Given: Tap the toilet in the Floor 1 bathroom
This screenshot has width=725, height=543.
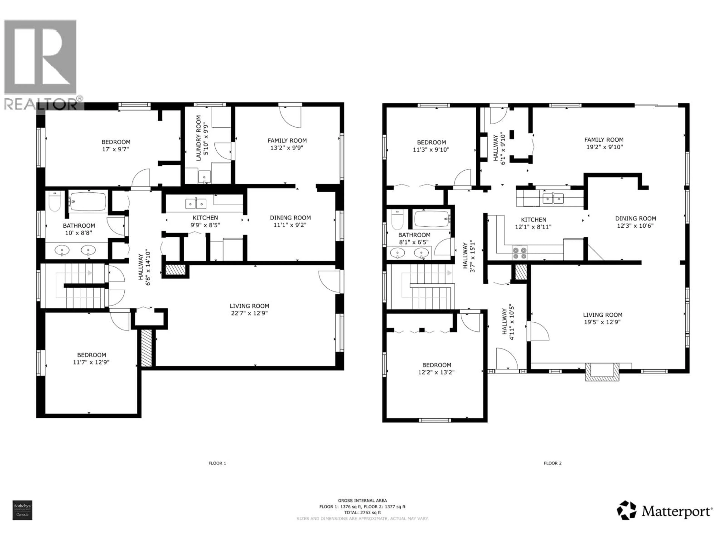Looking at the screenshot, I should (55, 202).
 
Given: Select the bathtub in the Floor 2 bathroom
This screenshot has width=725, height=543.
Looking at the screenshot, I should (431, 219).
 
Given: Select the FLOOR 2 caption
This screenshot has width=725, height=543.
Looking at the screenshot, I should (553, 463).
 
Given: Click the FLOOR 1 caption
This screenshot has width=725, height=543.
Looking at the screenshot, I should (217, 463).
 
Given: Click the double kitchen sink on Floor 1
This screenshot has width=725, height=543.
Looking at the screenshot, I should (196, 204).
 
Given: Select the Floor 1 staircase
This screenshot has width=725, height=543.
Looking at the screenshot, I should (84, 286).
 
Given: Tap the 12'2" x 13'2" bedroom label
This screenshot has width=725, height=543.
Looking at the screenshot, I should (436, 369).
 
